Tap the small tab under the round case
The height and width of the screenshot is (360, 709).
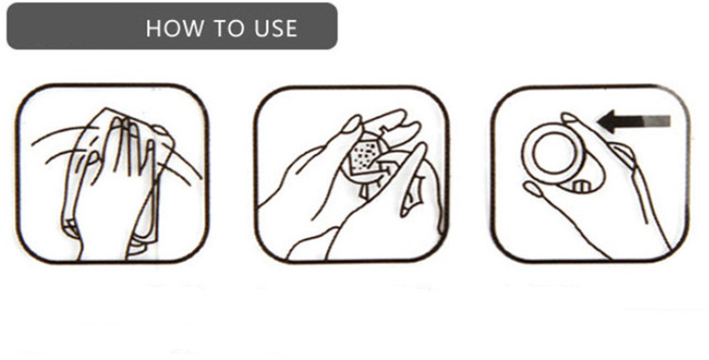pyautogui.click(x=582, y=185)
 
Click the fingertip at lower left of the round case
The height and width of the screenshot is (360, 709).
pyautogui.click(x=532, y=188)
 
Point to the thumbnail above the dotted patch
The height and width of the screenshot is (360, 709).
pyautogui.click(x=352, y=124)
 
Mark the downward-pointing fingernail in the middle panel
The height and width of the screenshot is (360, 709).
pyautogui.click(x=409, y=202)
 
